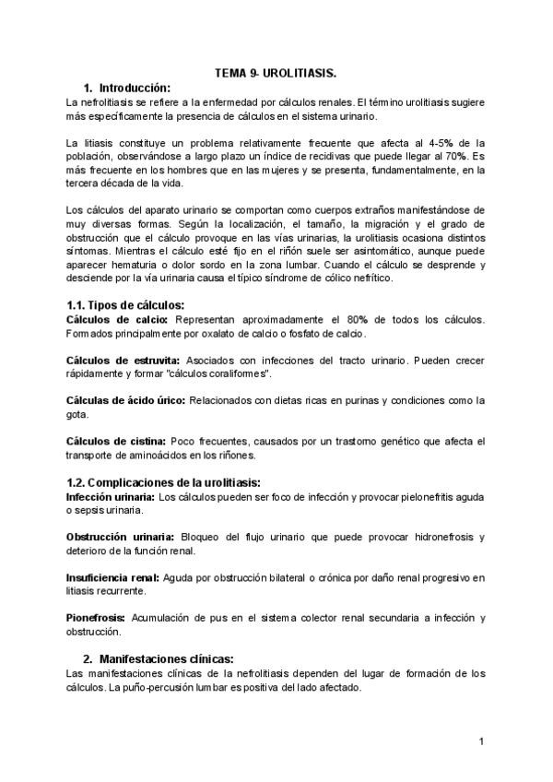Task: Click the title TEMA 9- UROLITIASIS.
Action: (276, 70)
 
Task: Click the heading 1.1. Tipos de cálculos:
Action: (125, 305)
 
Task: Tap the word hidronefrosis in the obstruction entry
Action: (437, 537)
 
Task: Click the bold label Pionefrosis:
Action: (97, 618)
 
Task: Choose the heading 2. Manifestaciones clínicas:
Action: (158, 659)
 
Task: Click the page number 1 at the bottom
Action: (481, 741)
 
